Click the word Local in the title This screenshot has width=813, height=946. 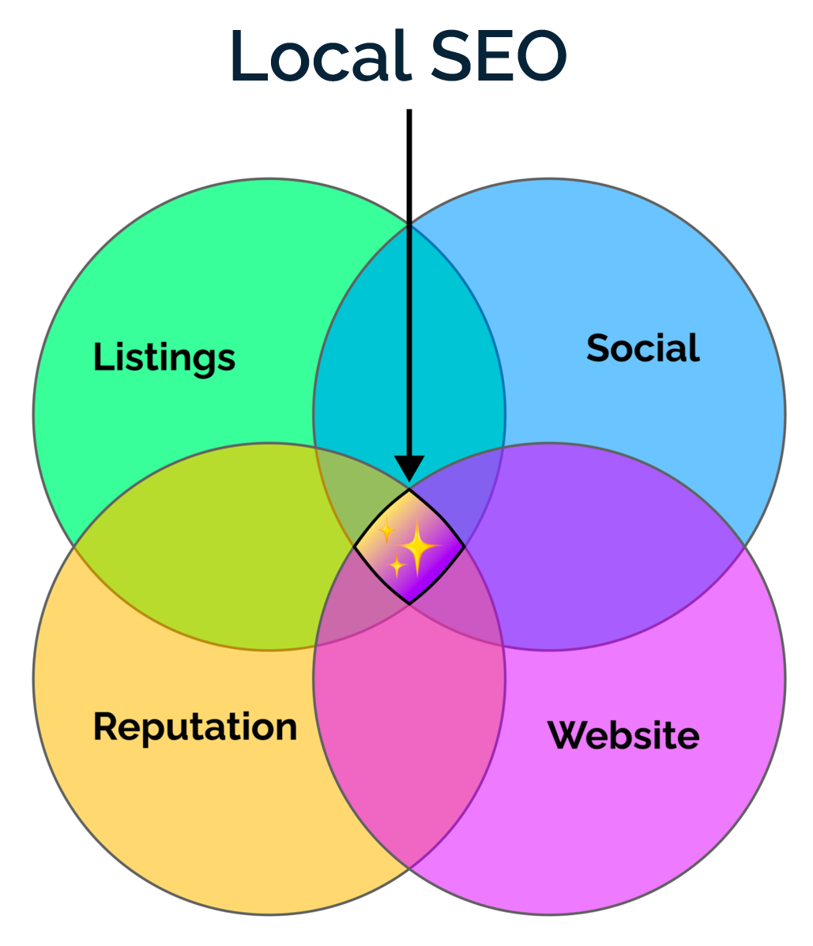321,57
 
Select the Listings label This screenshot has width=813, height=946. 164,358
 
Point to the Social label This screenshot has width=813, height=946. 643,348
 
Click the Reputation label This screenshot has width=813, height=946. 195,726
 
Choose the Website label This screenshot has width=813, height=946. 623,735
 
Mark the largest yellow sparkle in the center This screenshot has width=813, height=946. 417,546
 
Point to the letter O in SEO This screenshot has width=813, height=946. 536,57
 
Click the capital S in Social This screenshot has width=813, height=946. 599,348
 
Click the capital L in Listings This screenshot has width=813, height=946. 102,357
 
